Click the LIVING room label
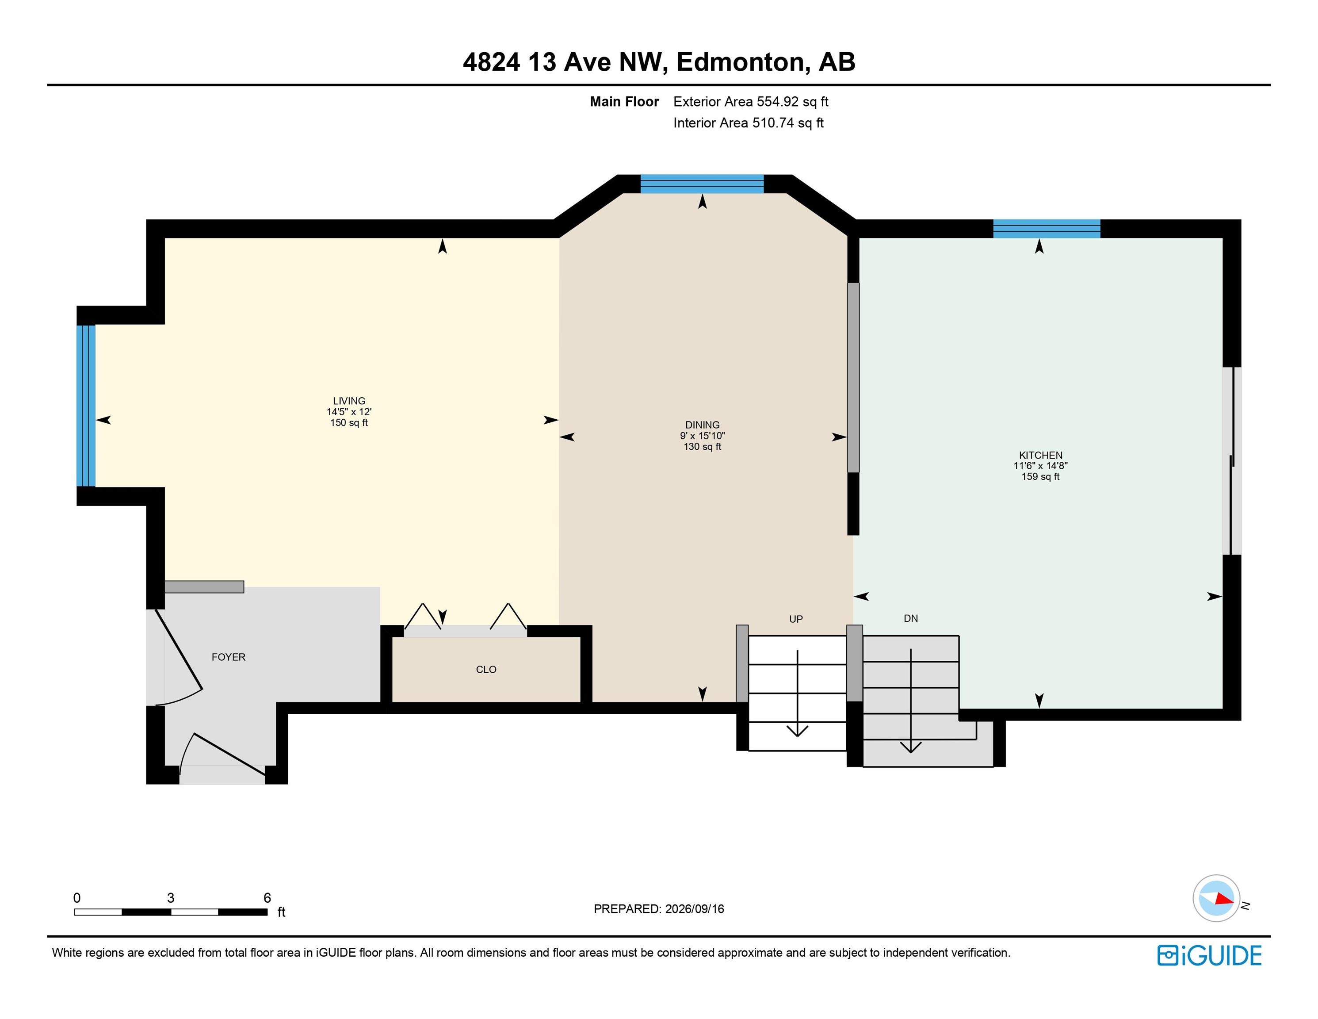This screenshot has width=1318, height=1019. [349, 401]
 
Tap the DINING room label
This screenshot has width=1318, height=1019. [703, 425]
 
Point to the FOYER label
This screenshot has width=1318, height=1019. [228, 657]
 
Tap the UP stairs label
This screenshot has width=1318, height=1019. [796, 619]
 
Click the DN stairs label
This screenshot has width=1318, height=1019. [911, 618]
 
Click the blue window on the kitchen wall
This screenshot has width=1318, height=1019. [1047, 229]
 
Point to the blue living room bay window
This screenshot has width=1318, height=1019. [86, 406]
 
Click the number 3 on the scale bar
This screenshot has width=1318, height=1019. [171, 898]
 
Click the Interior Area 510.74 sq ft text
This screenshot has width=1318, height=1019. [749, 123]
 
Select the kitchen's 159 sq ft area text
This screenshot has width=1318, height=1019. [1040, 477]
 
